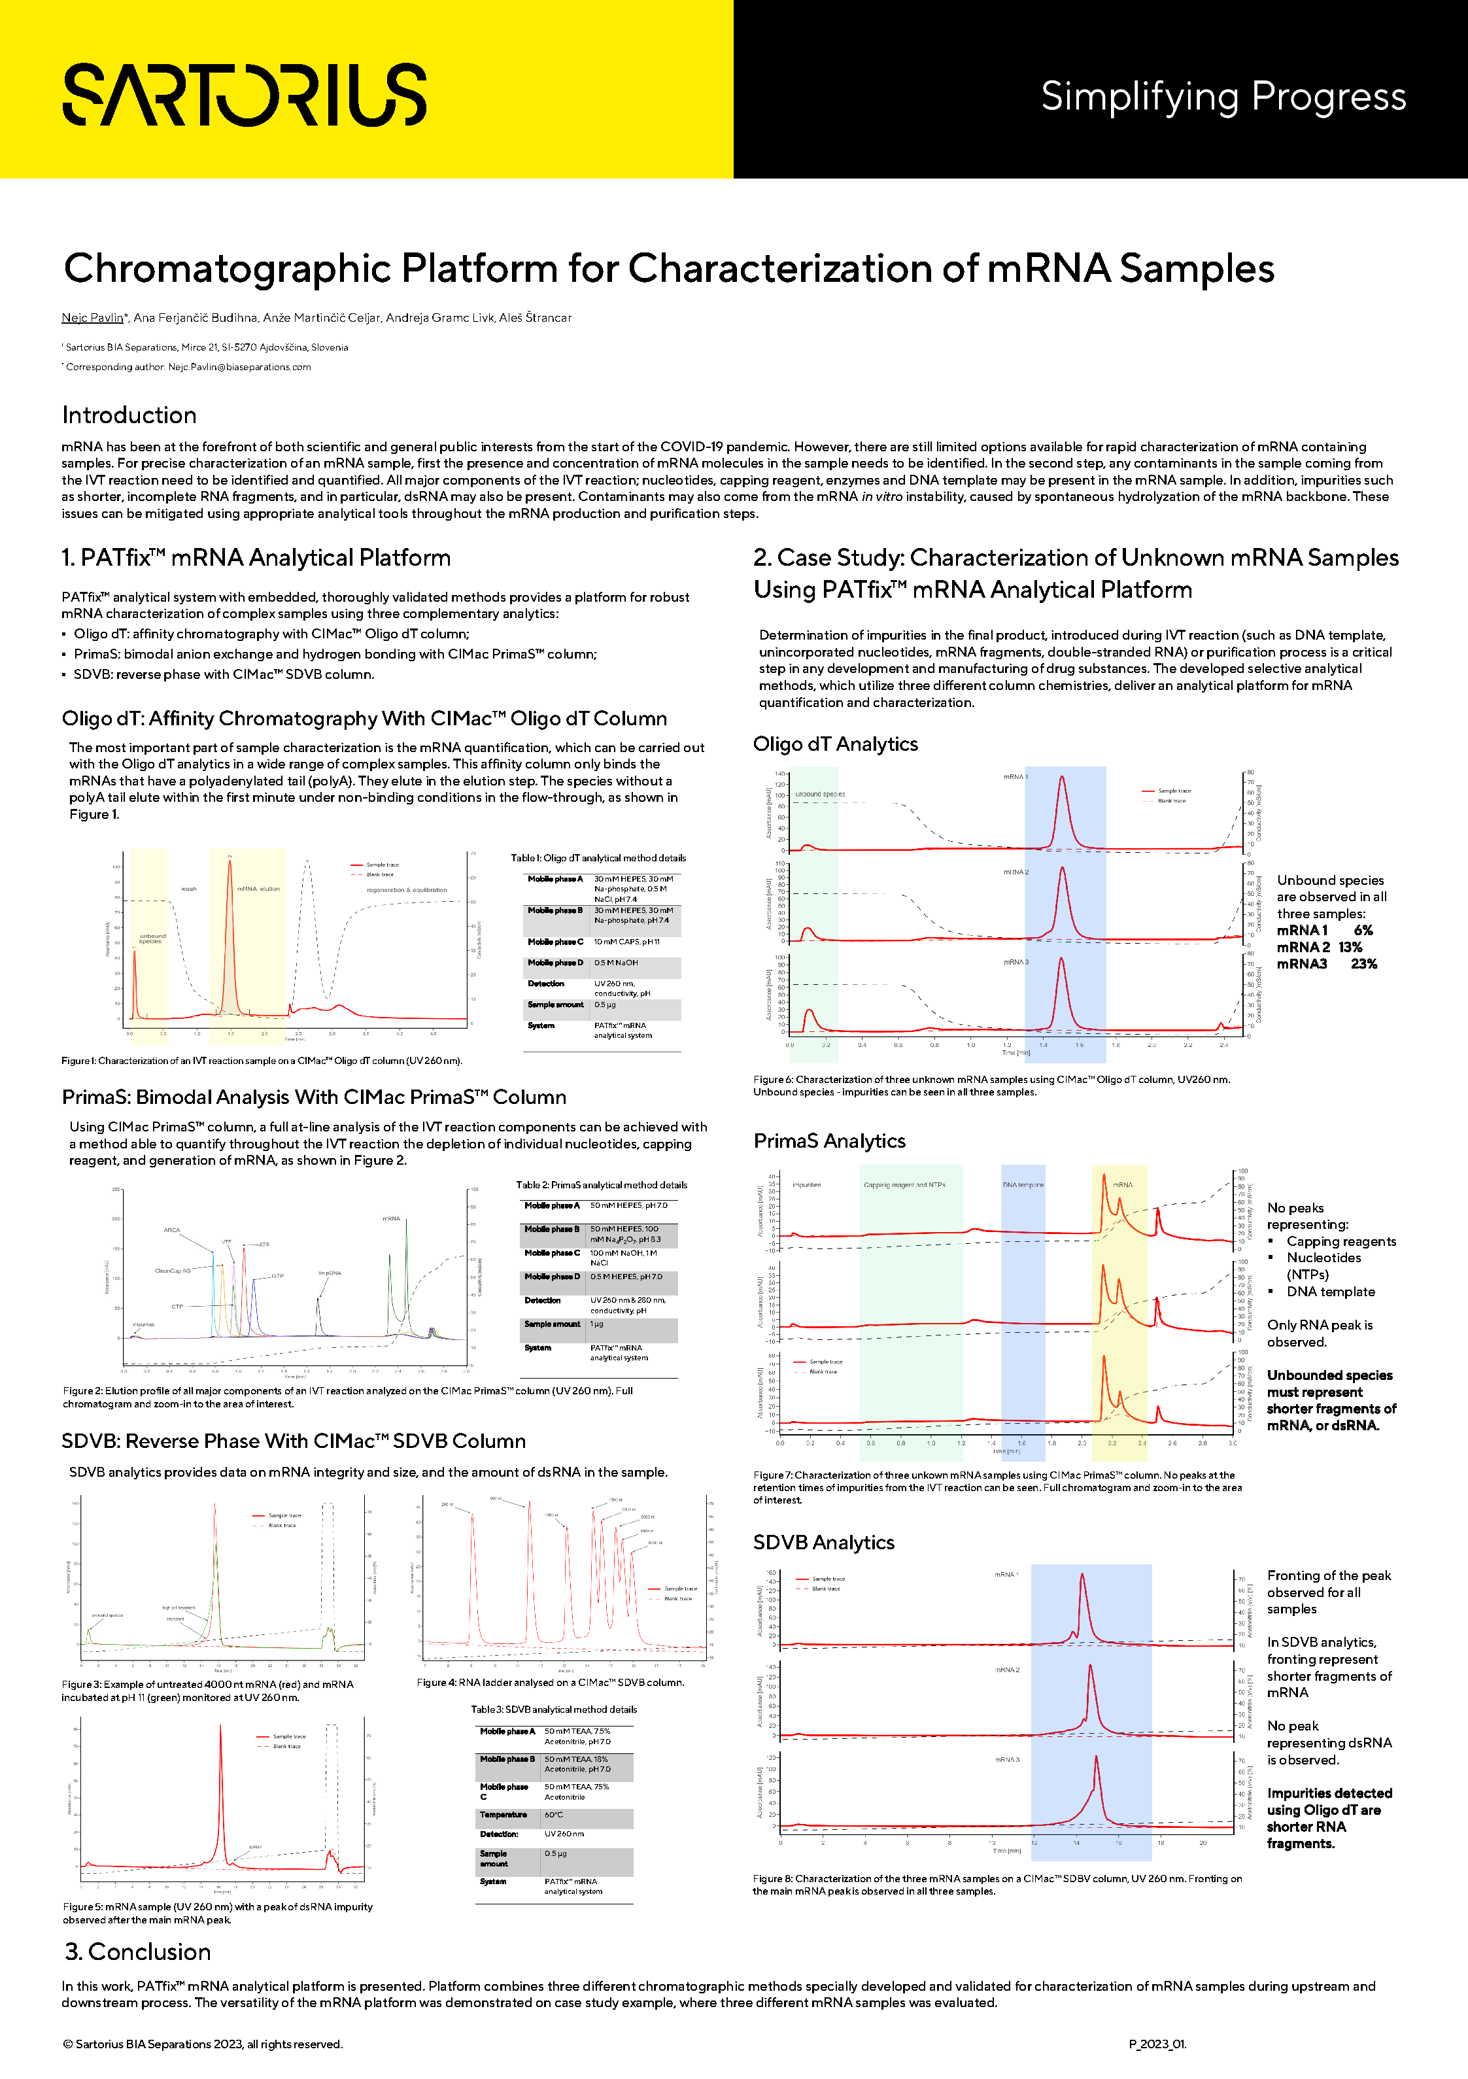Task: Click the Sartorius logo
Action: point(245,94)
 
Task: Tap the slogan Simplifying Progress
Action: point(1223,96)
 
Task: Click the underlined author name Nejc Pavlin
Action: point(92,318)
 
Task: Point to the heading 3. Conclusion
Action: point(138,1951)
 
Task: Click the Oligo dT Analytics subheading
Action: point(835,744)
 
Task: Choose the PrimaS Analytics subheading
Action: point(830,1141)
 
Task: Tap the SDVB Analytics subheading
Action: point(824,1542)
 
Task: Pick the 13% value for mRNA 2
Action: point(1350,947)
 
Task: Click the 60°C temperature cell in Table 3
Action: point(553,1815)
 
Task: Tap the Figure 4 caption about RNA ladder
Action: point(550,1683)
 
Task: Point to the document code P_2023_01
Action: point(1157,2044)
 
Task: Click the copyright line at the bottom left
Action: point(203,2044)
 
